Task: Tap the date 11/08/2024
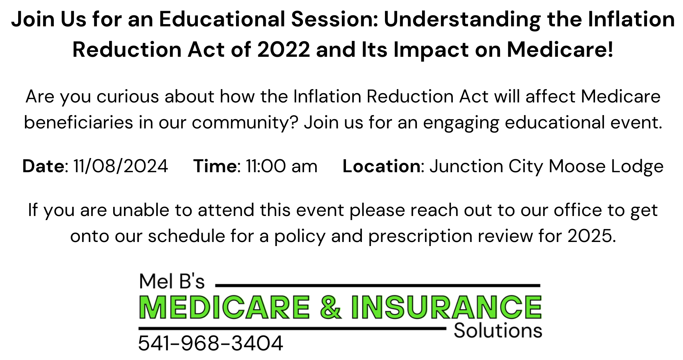pos(121,166)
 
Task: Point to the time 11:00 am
pos(282,166)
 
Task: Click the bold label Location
pos(382,166)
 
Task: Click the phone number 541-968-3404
pos(210,343)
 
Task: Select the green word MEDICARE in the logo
pos(225,307)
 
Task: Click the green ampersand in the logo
pos(330,307)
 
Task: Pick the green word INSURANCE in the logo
pos(447,307)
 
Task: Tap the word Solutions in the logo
pos(498,331)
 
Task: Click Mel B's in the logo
pos(171,281)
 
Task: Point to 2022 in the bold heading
pos(284,50)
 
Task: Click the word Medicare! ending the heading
pos(560,50)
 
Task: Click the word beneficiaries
pos(78,123)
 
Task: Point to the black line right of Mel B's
pos(378,285)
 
